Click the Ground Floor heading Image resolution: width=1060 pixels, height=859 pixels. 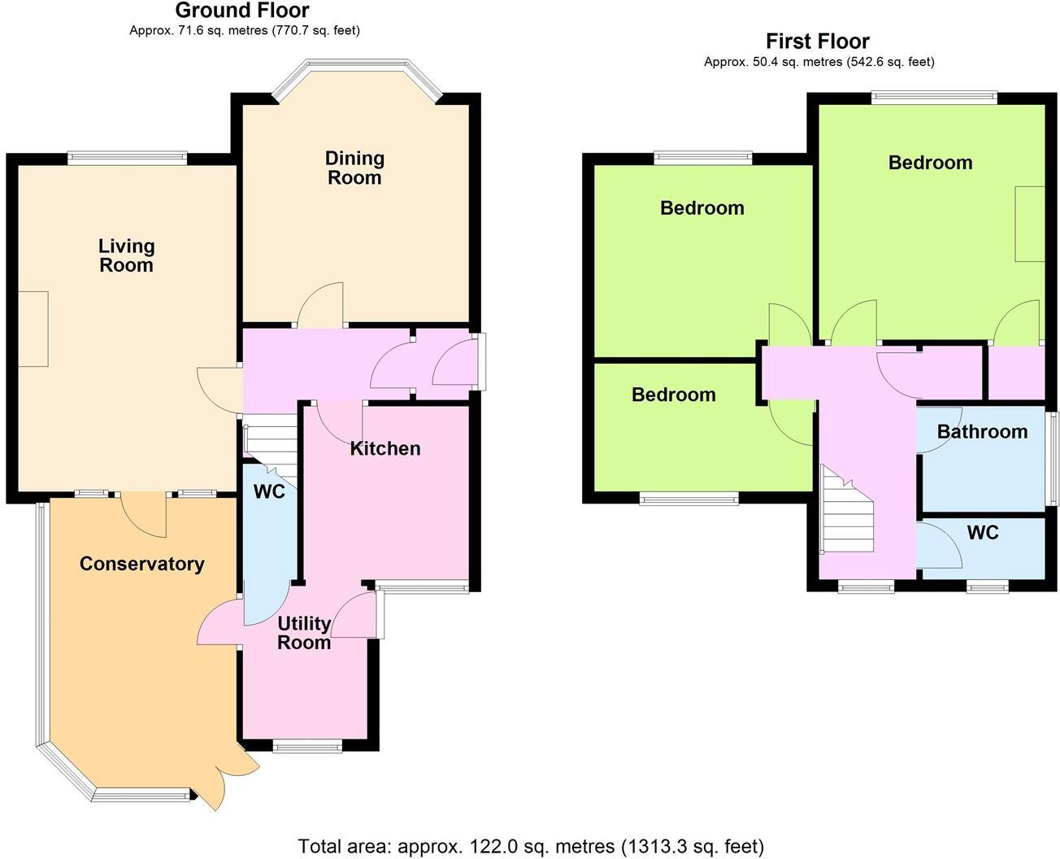pyautogui.click(x=242, y=11)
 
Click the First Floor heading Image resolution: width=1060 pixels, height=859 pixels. pyautogui.click(x=818, y=41)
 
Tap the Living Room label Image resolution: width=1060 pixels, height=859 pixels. pyautogui.click(x=126, y=255)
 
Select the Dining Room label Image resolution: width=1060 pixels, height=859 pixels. pyautogui.click(x=354, y=168)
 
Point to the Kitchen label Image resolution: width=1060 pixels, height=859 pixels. pyautogui.click(x=385, y=448)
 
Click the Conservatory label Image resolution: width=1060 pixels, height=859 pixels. pyautogui.click(x=141, y=564)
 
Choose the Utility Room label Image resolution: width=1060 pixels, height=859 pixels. pyautogui.click(x=304, y=633)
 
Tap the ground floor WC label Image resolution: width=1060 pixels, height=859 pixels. pyautogui.click(x=269, y=492)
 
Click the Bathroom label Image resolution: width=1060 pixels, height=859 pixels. pyautogui.click(x=982, y=431)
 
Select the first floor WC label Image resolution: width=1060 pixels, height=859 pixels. pyautogui.click(x=983, y=533)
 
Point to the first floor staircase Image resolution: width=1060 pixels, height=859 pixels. pyautogui.click(x=845, y=512)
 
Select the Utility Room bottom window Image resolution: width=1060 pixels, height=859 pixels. pyautogui.click(x=307, y=746)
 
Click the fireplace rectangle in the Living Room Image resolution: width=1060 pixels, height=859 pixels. pyautogui.click(x=33, y=329)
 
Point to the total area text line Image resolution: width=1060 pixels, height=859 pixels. pyautogui.click(x=531, y=847)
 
